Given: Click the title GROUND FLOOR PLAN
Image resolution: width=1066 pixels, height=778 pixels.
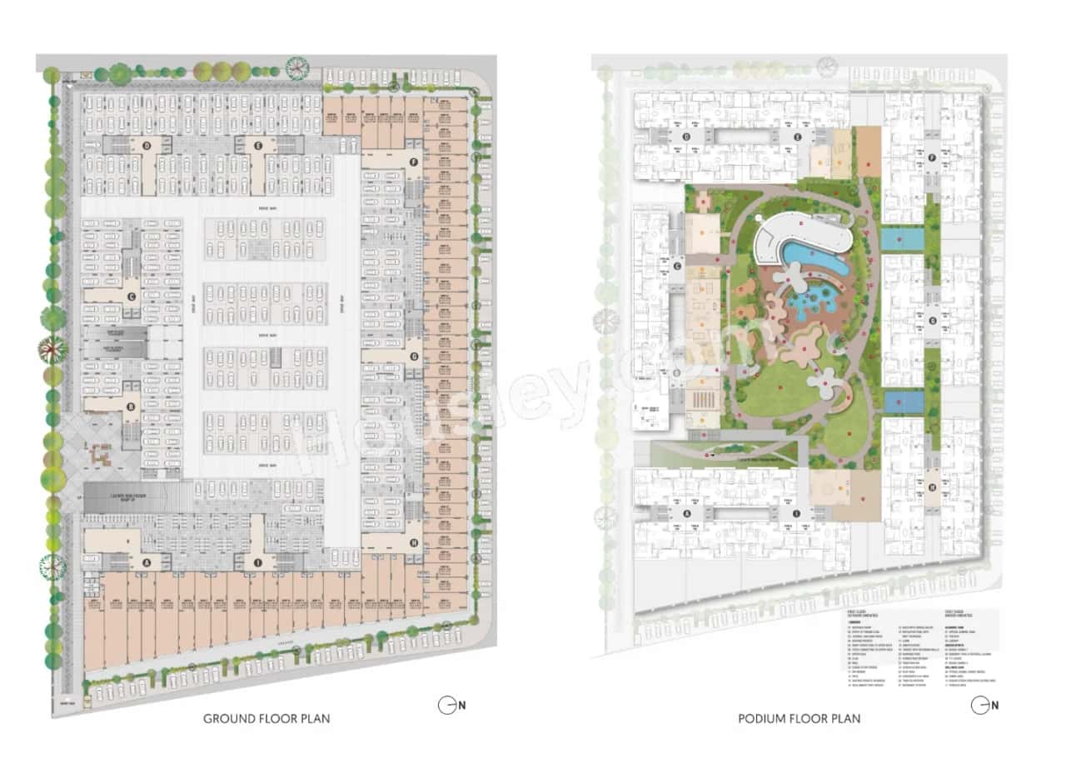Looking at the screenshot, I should pyautogui.click(x=266, y=718).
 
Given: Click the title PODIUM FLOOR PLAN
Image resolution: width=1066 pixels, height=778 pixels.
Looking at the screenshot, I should pyautogui.click(x=799, y=718).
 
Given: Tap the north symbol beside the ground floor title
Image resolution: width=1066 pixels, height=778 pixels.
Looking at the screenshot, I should pyautogui.click(x=447, y=705).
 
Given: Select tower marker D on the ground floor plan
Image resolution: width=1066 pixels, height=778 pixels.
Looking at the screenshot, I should pyautogui.click(x=147, y=146).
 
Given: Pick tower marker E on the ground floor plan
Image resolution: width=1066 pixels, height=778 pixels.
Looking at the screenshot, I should pyautogui.click(x=258, y=146).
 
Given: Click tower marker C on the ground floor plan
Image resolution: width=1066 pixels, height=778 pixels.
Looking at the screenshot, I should pyautogui.click(x=131, y=296).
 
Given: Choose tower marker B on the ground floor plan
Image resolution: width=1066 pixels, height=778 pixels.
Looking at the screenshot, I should pyautogui.click(x=131, y=407).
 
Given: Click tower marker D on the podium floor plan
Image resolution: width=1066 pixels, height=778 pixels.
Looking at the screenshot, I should pyautogui.click(x=686, y=137).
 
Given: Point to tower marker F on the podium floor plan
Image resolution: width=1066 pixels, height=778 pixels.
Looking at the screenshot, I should pyautogui.click(x=932, y=157).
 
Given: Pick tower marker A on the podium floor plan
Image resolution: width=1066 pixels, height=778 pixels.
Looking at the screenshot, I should pyautogui.click(x=686, y=514).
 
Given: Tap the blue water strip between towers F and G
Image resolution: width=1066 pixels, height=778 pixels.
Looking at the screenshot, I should pyautogui.click(x=902, y=240).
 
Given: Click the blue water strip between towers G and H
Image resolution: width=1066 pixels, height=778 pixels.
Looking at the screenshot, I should pyautogui.click(x=904, y=402).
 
